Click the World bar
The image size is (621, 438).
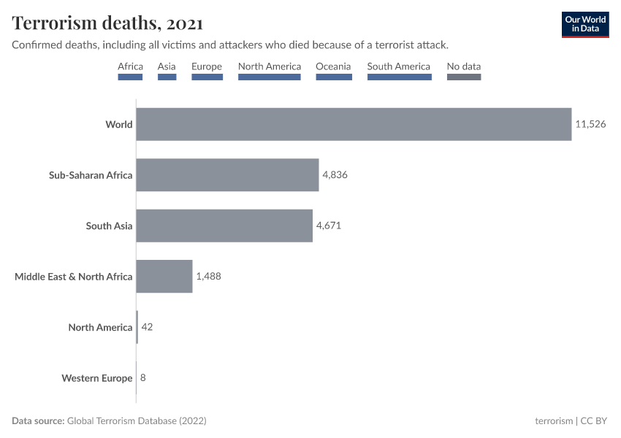point(354,124)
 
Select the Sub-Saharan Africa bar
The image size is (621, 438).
point(227,175)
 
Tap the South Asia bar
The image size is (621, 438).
point(224,226)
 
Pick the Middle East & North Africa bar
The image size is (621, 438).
point(164,277)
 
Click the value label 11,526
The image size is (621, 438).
point(590,124)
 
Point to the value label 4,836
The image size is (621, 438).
point(335,175)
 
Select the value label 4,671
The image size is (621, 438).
point(329,226)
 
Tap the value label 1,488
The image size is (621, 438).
point(208,277)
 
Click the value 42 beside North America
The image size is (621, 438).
point(146,327)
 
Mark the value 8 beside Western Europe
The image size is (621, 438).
point(142,378)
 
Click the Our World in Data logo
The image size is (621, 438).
point(585,25)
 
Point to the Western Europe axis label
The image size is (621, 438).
point(96,378)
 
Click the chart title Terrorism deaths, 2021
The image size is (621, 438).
point(107,23)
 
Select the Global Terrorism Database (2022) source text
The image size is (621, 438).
point(136,421)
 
